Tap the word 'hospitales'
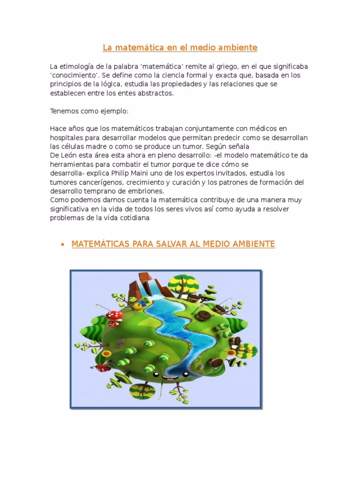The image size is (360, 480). (x=67, y=137)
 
